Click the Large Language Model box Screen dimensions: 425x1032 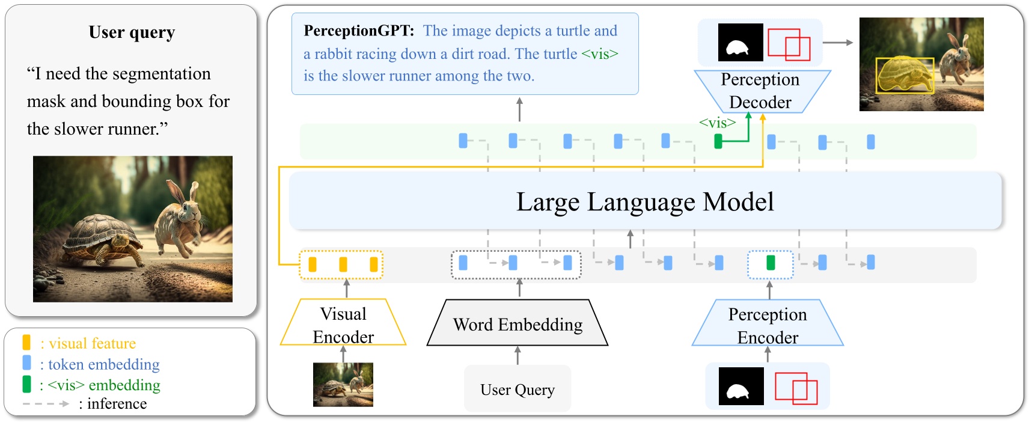(645, 201)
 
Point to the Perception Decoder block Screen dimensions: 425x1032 (760, 91)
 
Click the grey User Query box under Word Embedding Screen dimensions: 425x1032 (518, 389)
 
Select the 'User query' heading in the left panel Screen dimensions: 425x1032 (132, 32)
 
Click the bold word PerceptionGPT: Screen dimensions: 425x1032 (359, 31)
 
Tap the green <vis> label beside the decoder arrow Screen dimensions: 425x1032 (717, 123)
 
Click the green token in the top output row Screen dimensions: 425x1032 (718, 141)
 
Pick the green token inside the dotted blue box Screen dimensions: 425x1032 (771, 263)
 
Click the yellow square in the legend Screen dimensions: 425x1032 (26, 343)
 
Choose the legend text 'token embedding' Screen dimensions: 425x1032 (103, 364)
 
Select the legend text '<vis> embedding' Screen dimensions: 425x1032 (103, 385)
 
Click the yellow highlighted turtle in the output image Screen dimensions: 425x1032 (902, 75)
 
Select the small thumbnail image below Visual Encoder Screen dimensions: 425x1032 (343, 385)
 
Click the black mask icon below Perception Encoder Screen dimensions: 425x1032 (741, 387)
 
